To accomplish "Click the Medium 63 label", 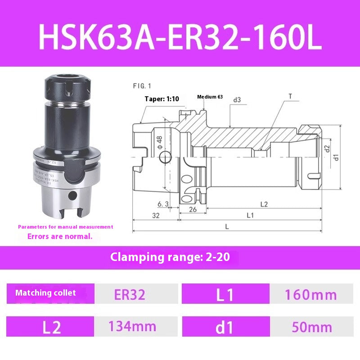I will (x=210, y=97).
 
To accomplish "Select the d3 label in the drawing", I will (x=237, y=99).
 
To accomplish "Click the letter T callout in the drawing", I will (x=290, y=96).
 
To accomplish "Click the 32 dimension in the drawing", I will (x=156, y=216).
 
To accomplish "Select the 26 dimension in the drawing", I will (x=192, y=209).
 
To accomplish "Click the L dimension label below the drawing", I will (x=227, y=227).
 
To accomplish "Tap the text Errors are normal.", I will (x=60, y=236).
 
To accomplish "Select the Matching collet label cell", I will (x=46, y=293).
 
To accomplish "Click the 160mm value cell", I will (x=310, y=295).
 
